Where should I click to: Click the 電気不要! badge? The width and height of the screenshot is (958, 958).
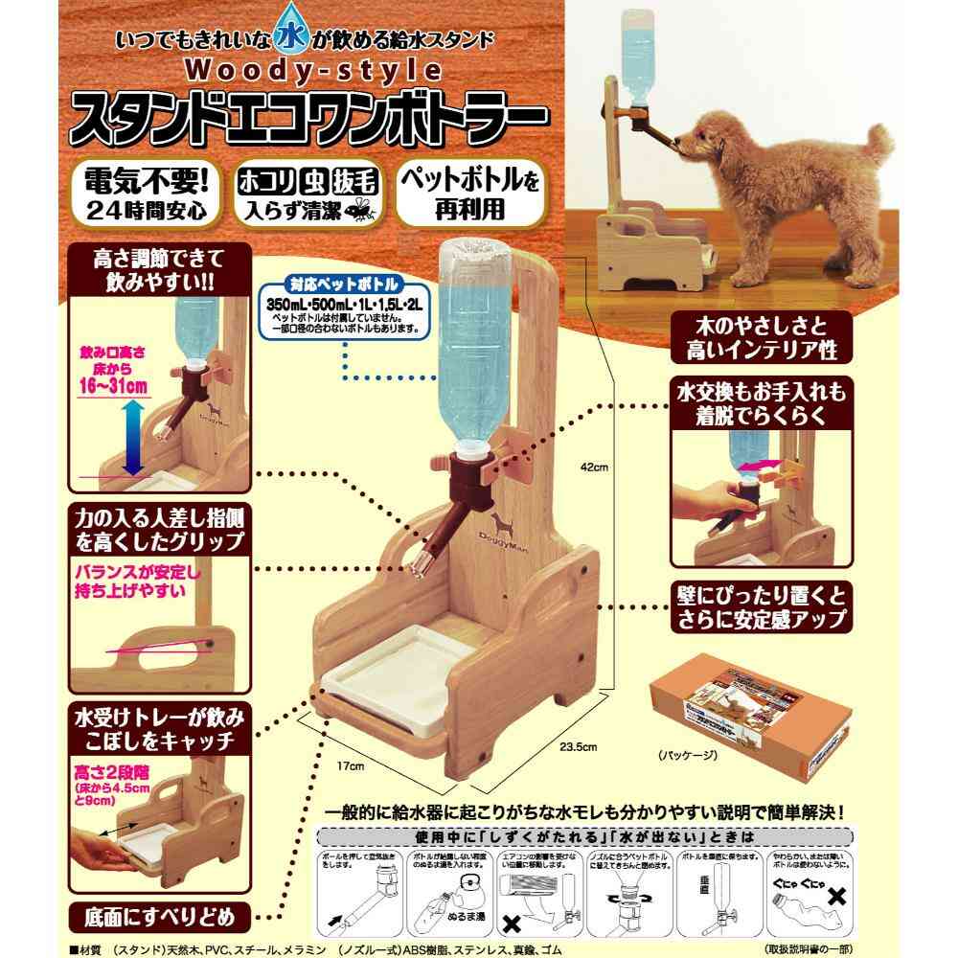pos(149,194)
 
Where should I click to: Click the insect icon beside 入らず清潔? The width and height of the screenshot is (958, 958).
pos(364,207)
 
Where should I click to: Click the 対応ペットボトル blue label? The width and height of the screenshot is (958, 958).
pos(340,283)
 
